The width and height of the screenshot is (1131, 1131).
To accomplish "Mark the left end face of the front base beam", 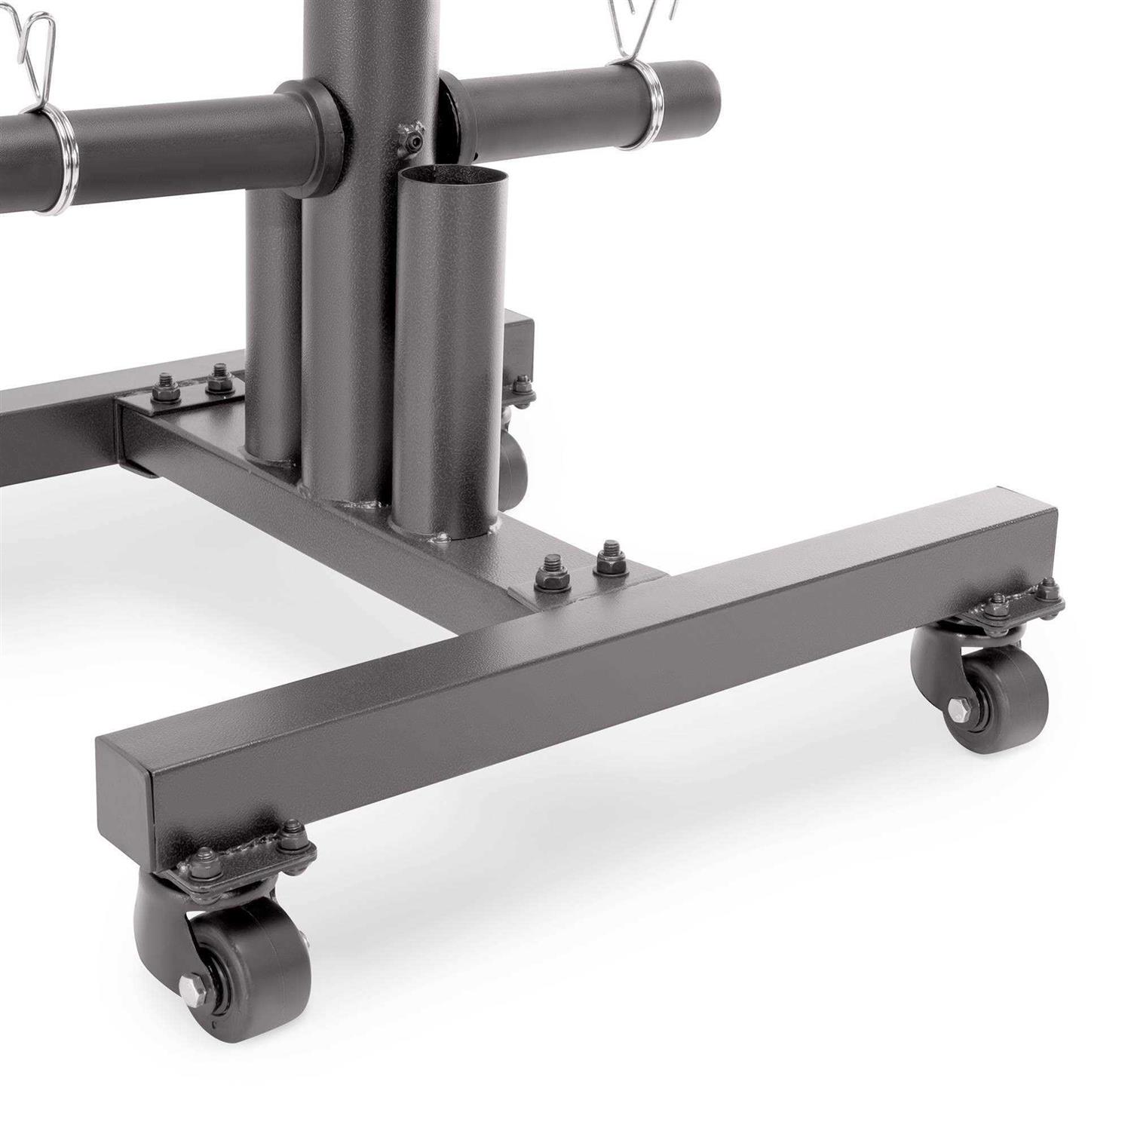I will [124, 799].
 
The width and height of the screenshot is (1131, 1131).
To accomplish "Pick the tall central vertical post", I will [369, 45].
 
